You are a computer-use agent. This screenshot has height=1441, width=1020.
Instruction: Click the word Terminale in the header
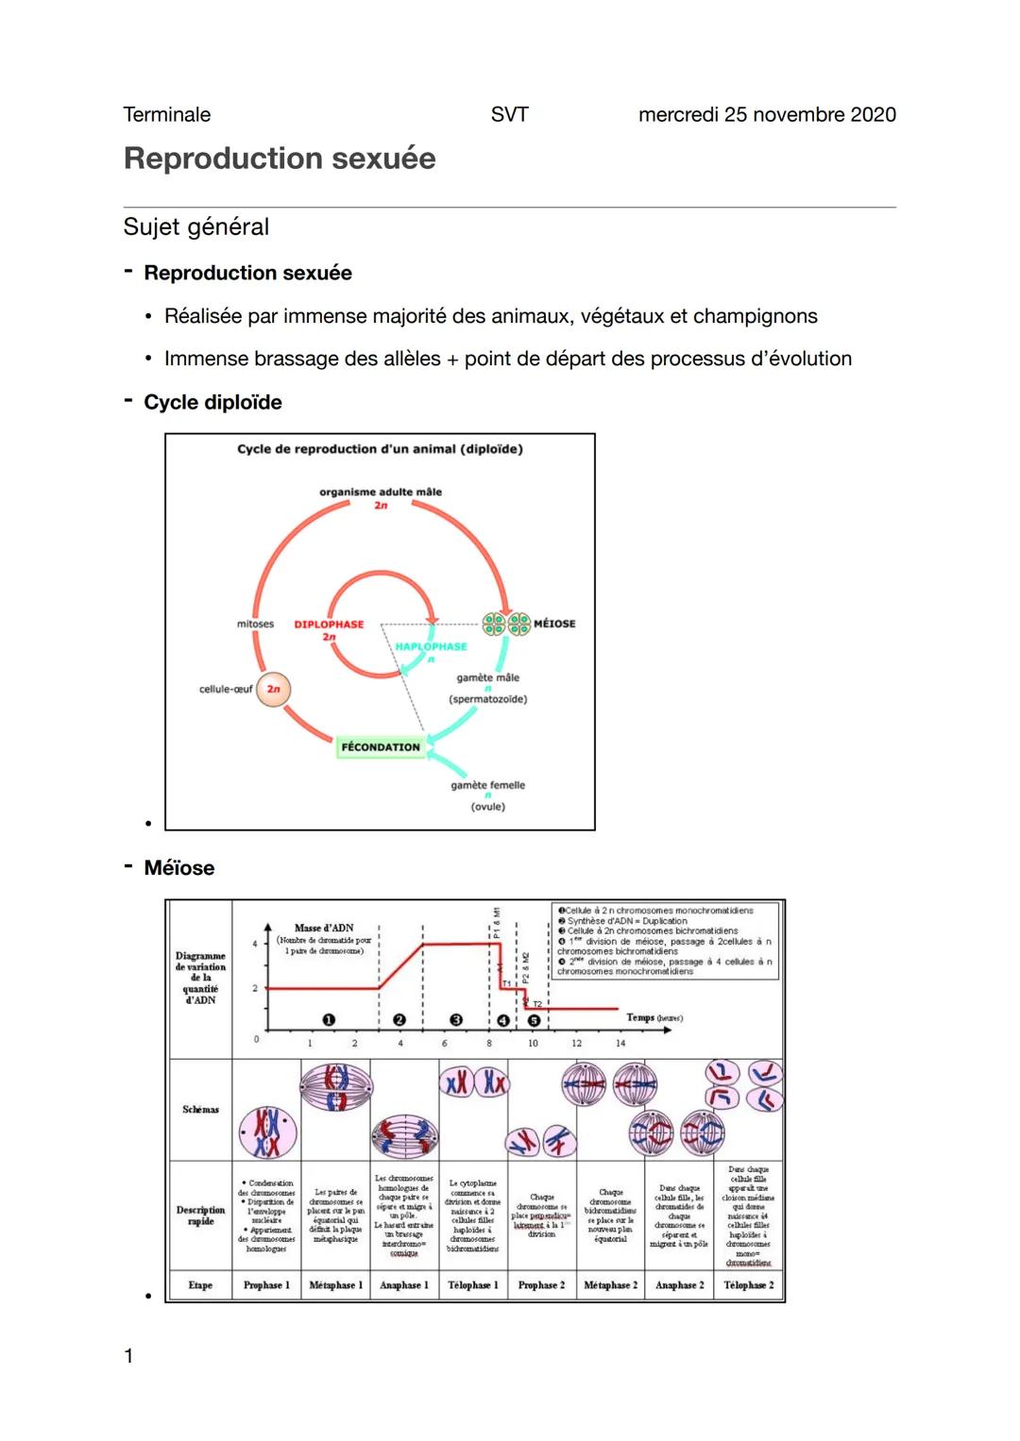click(167, 115)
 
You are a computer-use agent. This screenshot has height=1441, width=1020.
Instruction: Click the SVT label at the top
click(509, 115)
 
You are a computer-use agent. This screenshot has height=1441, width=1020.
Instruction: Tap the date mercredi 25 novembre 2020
click(767, 115)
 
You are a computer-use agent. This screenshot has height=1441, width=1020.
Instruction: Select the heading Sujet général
click(196, 227)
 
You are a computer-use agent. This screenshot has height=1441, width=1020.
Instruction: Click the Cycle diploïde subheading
click(212, 403)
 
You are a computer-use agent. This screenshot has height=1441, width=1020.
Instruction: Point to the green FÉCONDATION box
click(381, 747)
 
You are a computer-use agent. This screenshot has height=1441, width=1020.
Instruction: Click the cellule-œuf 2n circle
click(273, 690)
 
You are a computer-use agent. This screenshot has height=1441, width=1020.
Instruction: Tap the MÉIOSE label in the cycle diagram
click(554, 624)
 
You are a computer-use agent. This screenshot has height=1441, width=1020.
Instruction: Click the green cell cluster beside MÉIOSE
click(506, 624)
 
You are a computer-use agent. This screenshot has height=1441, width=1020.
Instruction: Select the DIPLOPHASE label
click(329, 625)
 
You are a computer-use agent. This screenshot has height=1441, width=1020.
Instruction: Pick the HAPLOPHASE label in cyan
click(431, 646)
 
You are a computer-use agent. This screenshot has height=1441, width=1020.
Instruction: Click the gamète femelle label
click(487, 785)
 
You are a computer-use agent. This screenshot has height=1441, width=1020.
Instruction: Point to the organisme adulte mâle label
click(381, 492)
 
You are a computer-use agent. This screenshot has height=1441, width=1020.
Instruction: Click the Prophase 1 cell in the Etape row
click(266, 1285)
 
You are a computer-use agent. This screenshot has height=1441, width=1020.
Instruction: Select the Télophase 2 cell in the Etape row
click(749, 1285)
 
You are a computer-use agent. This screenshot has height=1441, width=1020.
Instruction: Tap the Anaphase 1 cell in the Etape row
click(404, 1285)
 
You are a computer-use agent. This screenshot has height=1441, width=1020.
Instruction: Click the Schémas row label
click(200, 1110)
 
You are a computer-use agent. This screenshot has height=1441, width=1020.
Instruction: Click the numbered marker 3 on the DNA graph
click(456, 1020)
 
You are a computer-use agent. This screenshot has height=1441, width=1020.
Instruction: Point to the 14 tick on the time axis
click(620, 1043)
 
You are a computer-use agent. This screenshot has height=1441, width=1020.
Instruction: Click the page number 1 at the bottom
click(128, 1357)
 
